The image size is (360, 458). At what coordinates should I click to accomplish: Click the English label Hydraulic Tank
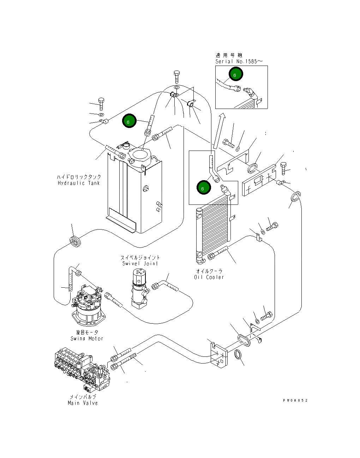[x=79, y=183]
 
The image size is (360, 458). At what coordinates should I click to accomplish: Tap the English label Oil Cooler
[x=209, y=277]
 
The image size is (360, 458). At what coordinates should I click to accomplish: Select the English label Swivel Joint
[x=140, y=263]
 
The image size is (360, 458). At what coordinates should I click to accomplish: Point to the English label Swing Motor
[x=87, y=338]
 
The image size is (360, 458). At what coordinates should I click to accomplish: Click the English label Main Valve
[x=83, y=403]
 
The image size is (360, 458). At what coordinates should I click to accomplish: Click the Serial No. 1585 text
[x=239, y=61]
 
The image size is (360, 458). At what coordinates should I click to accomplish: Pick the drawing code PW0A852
[x=295, y=401]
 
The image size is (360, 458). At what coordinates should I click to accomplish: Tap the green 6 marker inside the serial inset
[x=235, y=74]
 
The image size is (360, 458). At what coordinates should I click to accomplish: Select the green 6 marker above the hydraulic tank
[x=129, y=121]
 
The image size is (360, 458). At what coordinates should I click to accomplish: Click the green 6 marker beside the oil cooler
[x=204, y=188]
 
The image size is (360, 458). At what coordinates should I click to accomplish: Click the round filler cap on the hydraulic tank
[x=140, y=155]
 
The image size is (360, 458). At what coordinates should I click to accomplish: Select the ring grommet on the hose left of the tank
[x=75, y=242]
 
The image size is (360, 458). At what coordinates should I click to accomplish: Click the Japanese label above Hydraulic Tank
[x=79, y=177]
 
